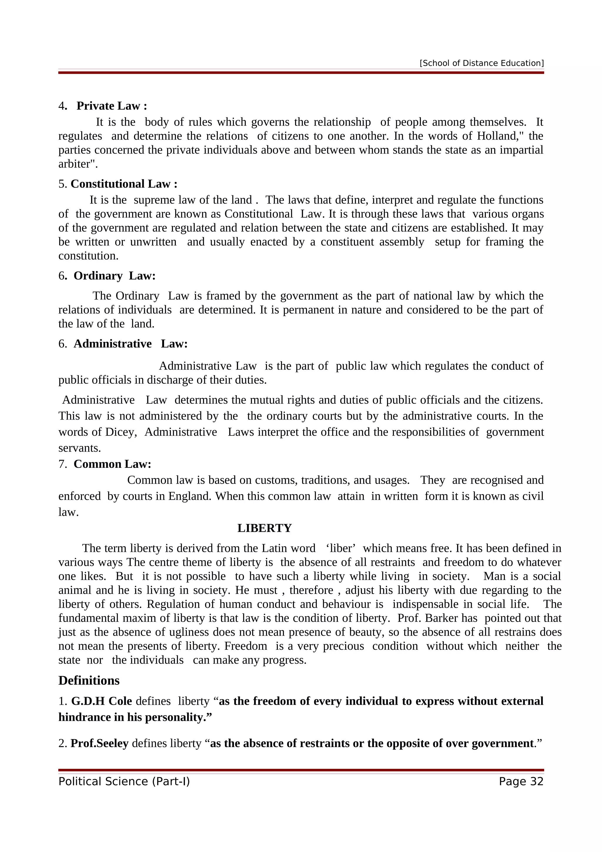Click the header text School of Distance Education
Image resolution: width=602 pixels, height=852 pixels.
(x=481, y=63)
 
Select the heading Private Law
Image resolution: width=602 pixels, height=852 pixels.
(x=111, y=106)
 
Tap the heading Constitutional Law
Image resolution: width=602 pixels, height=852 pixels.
(x=124, y=184)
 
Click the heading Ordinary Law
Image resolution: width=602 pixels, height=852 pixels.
(x=114, y=276)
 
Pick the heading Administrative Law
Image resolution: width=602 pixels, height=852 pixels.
(x=131, y=344)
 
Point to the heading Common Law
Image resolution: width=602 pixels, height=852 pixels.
(x=112, y=464)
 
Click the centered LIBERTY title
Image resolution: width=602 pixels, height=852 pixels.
(x=265, y=528)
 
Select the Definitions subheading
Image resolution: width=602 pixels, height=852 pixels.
(x=89, y=681)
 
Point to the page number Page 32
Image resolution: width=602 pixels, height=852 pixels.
(x=521, y=781)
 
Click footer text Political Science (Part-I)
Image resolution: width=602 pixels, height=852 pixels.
(x=124, y=781)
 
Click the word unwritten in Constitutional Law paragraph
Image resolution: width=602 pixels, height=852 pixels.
(x=153, y=242)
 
